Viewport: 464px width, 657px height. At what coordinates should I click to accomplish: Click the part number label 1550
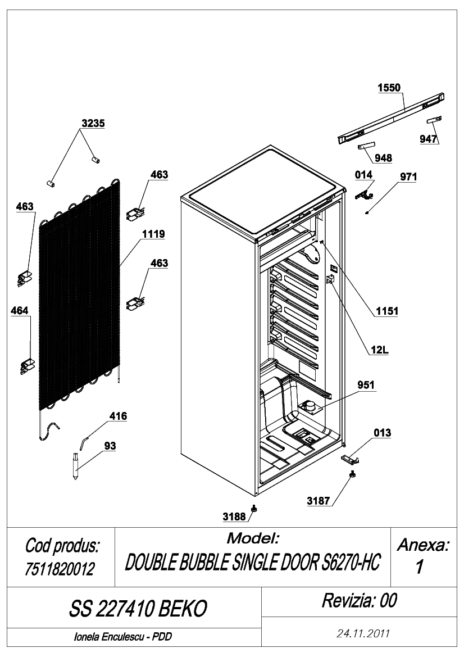coord(389,88)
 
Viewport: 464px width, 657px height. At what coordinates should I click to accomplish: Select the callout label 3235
coord(93,123)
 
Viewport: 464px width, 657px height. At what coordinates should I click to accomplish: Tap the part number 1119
coord(153,234)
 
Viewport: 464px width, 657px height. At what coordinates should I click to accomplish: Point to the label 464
coord(20,310)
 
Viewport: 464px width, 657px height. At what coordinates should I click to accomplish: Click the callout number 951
coord(366,384)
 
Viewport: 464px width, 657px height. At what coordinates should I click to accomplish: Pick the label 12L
coord(379,350)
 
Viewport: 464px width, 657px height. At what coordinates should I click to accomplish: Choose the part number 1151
coord(386,311)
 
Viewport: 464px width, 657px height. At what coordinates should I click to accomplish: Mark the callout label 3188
coord(234,516)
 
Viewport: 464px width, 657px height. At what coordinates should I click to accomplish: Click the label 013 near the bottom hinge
coord(382,432)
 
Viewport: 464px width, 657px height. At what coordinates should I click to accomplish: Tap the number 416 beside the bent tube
coord(118,416)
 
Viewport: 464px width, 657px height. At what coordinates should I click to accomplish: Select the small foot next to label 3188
coord(254,508)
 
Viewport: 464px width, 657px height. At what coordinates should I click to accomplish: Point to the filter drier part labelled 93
coord(75,466)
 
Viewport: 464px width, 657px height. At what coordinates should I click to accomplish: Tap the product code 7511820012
coord(60,569)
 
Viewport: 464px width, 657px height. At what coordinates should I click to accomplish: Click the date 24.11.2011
coord(363,633)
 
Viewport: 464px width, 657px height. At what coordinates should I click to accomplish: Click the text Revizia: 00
coord(359,600)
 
